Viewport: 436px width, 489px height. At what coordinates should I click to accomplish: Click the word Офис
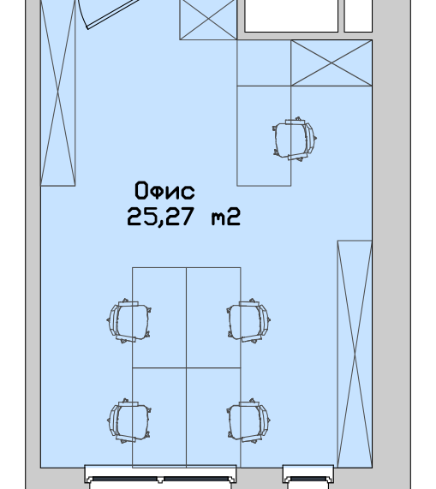click(164, 190)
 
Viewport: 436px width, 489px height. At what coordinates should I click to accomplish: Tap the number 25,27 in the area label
click(161, 217)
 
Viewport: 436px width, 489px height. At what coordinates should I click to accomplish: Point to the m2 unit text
click(226, 217)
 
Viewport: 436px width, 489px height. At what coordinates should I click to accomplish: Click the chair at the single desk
click(295, 139)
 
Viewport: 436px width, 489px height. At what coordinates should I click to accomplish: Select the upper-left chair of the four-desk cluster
click(128, 320)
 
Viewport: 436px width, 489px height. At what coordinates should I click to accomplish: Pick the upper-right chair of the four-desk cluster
click(248, 320)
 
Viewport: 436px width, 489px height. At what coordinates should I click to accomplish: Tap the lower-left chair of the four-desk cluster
click(128, 420)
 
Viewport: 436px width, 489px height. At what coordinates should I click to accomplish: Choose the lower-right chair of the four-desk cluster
click(248, 420)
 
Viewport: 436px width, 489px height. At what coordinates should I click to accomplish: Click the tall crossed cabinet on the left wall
click(58, 92)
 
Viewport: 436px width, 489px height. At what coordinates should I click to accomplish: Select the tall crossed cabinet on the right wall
click(355, 354)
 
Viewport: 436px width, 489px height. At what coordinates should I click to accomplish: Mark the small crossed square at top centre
click(208, 20)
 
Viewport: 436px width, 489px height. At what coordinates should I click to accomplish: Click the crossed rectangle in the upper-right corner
click(331, 63)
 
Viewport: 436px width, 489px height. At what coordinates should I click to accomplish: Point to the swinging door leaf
click(112, 14)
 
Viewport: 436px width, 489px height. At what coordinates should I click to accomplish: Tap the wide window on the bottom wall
click(160, 477)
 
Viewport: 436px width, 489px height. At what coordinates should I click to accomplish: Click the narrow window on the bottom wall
click(308, 477)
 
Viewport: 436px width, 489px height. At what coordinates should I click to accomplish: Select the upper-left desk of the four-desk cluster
click(159, 318)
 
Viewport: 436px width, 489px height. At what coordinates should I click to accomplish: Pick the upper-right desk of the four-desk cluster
click(213, 318)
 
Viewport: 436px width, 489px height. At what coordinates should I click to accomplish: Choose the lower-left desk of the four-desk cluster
click(159, 418)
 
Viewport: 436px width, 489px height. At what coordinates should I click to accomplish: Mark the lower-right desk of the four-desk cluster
click(213, 418)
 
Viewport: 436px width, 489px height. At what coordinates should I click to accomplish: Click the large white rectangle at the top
click(291, 15)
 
